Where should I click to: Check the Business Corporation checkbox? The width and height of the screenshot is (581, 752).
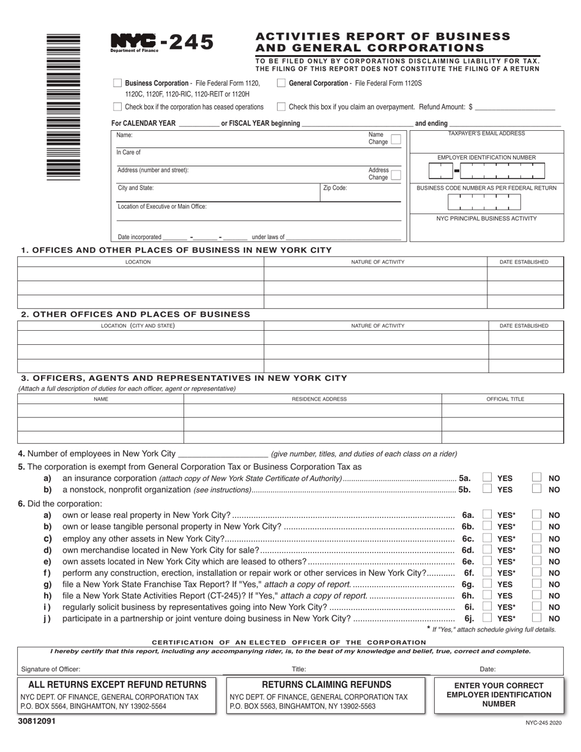tap(117, 83)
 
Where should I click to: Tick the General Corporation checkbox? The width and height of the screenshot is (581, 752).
tap(281, 83)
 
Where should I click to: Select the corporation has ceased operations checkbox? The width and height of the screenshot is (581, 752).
tap(117, 106)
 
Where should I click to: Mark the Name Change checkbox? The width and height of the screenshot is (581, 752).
tap(396, 139)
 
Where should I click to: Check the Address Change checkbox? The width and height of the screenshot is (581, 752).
tap(396, 174)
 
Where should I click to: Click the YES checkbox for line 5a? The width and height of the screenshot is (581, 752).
tap(487, 477)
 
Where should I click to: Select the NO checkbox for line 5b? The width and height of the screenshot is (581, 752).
tap(536, 489)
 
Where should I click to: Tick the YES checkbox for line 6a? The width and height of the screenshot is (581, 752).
tap(487, 515)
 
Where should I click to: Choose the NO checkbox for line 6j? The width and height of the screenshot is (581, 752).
tap(536, 618)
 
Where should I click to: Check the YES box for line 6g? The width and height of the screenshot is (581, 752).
tap(487, 584)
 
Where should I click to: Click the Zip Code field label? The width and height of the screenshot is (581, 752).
tap(335, 188)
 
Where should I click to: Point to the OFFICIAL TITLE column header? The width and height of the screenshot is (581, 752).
tap(505, 399)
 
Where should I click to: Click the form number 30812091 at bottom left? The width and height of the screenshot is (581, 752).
tap(37, 721)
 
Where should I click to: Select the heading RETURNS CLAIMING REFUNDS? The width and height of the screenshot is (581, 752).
tap(327, 685)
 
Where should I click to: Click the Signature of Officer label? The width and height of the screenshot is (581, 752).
tap(50, 669)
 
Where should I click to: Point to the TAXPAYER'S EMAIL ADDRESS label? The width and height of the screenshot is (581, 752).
tap(486, 133)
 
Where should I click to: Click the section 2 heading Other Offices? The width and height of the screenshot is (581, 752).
tap(135, 314)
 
